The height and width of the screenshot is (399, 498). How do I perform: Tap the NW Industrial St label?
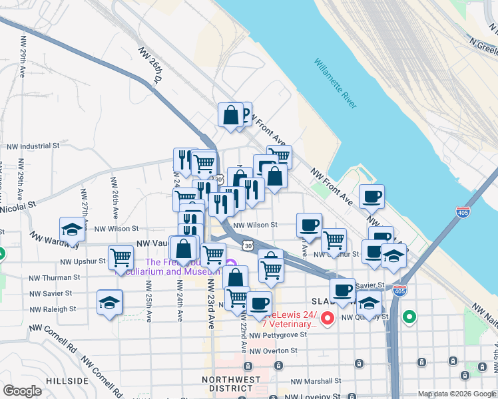tap(33, 145)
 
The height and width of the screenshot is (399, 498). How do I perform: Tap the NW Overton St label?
tap(278, 349)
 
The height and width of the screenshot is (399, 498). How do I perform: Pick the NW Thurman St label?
tap(54, 277)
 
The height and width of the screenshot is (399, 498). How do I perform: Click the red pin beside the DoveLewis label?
tap(328, 319)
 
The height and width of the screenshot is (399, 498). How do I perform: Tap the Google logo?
tap(23, 390)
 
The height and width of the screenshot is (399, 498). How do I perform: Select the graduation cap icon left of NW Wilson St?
tap(73, 229)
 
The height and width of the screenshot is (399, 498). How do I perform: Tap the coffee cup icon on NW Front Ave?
tap(372, 196)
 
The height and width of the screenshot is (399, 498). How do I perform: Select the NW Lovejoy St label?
tap(312, 396)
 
